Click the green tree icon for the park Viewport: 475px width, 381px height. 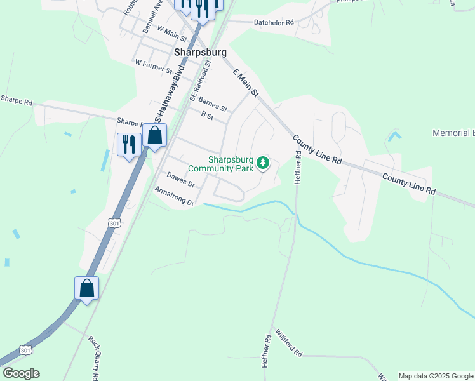pos(263,164)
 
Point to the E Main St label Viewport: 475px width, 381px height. pos(246,83)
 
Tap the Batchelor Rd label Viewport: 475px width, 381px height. pos(274,22)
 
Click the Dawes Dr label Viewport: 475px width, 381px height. pos(180,178)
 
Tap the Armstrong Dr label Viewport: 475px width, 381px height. pos(173,196)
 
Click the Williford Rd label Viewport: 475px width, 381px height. pos(288,343)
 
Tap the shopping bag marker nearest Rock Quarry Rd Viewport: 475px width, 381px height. pos(86,289)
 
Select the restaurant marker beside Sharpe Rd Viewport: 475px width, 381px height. pos(130,145)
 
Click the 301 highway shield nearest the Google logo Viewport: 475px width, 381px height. pos(26,350)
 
